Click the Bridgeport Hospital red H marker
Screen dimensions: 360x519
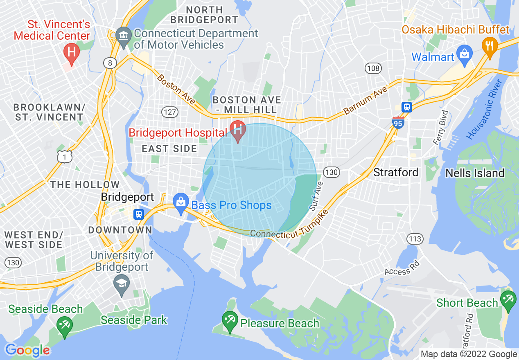point(237,130)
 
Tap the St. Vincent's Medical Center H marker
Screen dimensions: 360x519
point(72,53)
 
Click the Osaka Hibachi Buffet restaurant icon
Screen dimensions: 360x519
point(489,45)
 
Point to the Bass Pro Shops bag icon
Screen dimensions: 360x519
point(180,203)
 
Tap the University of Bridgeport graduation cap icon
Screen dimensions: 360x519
point(122,284)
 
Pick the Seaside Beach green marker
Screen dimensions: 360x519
point(65,326)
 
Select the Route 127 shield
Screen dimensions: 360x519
point(169,112)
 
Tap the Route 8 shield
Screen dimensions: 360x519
point(110,63)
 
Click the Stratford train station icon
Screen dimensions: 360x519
point(406,107)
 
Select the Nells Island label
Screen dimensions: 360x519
point(474,173)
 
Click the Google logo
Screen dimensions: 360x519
point(27,350)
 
